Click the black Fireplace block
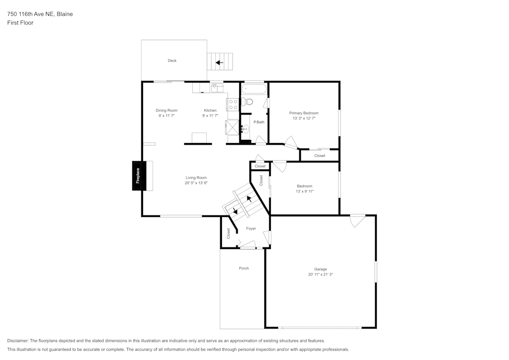(137, 176)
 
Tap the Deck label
(172, 61)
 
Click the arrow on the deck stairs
(219, 63)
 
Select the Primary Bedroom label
(304, 113)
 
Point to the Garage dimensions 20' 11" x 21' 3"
(320, 274)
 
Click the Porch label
(244, 268)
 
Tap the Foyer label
(251, 229)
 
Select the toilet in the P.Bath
(246, 101)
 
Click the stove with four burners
(233, 105)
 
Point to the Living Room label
(196, 178)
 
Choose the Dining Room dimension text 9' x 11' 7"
(166, 116)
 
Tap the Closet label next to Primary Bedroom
(320, 156)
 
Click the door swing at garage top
(357, 220)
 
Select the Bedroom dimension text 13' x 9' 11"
(304, 191)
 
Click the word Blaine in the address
(64, 14)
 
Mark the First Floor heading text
(20, 23)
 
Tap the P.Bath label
(259, 122)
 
